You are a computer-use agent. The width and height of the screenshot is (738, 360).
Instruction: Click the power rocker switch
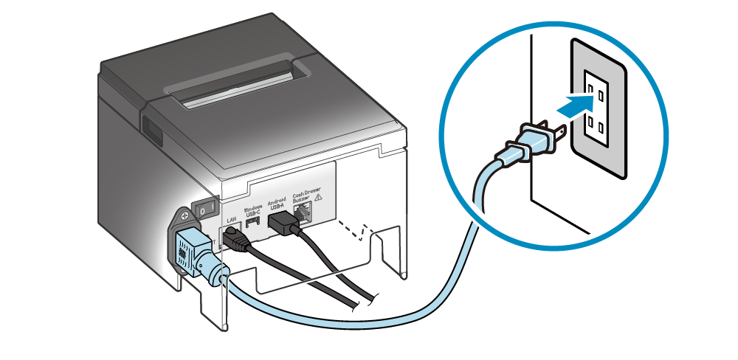pos(204,209)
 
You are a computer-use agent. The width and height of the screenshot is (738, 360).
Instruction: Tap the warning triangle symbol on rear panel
pos(320,198)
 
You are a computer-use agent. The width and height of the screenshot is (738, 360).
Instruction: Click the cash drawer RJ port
pos(303,214)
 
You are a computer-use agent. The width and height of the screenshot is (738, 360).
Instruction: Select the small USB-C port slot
pos(253,222)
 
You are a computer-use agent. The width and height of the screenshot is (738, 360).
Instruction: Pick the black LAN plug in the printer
pos(234,238)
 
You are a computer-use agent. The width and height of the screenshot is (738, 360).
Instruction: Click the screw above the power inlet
pos(183,218)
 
